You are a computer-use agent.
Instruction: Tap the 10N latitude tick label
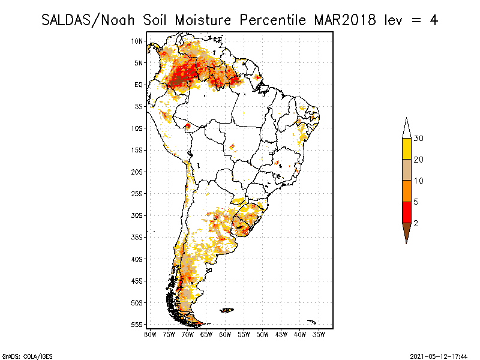pyautogui.click(x=137, y=41)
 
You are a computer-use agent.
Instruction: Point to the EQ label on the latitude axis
pyautogui.click(x=139, y=85)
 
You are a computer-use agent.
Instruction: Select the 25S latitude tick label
pyautogui.click(x=137, y=194)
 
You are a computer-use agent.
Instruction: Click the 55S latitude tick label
pyautogui.click(x=137, y=325)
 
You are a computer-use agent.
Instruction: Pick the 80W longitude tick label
pyautogui.click(x=150, y=334)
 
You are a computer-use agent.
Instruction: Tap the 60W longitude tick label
pyautogui.click(x=225, y=334)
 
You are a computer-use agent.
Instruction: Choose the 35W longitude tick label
pyautogui.click(x=319, y=334)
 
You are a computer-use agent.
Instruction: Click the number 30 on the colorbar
pyautogui.click(x=419, y=139)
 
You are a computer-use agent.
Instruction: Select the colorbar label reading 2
pyautogui.click(x=415, y=223)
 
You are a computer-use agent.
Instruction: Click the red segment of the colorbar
pyautogui.click(x=407, y=212)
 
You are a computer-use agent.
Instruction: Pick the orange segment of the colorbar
pyautogui.click(x=407, y=191)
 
